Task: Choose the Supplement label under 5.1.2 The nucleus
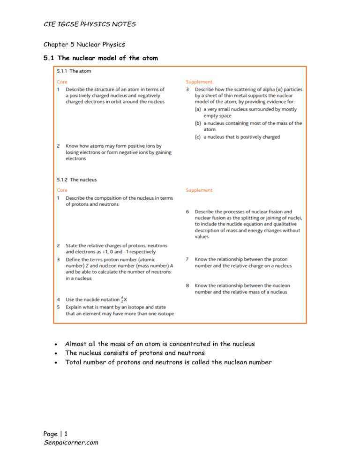point(199,190)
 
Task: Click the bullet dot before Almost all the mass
point(56,344)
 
